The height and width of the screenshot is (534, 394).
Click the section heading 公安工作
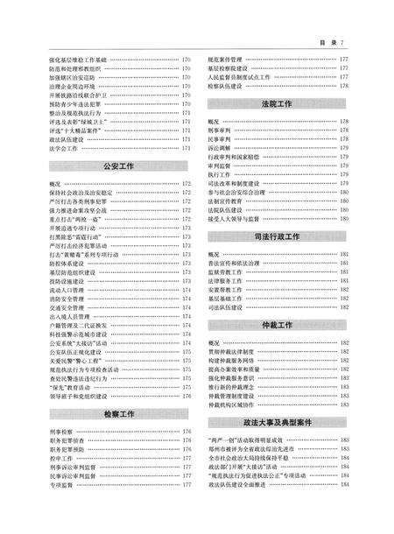tap(116, 165)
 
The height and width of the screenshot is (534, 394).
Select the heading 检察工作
tap(116, 408)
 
